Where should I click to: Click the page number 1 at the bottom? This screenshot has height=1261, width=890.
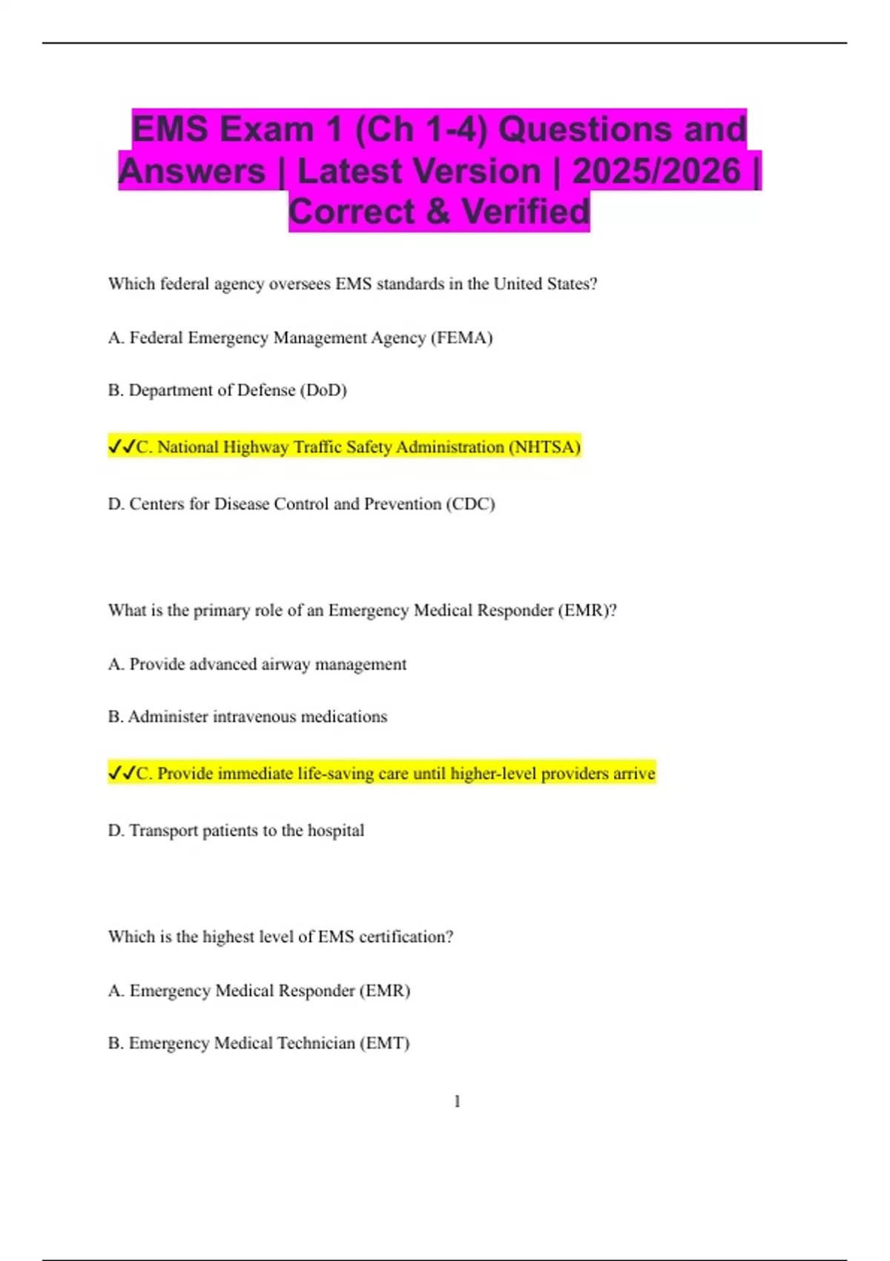tap(457, 1102)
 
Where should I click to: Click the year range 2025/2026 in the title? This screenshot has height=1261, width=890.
tap(656, 171)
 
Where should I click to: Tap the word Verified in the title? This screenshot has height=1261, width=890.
tap(526, 211)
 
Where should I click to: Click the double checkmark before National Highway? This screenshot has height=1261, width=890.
tap(122, 447)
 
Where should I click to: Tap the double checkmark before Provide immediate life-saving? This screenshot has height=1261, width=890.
tap(122, 773)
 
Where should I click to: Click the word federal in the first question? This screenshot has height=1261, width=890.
tap(185, 284)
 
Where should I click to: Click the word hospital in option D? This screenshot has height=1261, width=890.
tap(336, 831)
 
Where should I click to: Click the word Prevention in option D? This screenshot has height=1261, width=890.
tap(403, 504)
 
